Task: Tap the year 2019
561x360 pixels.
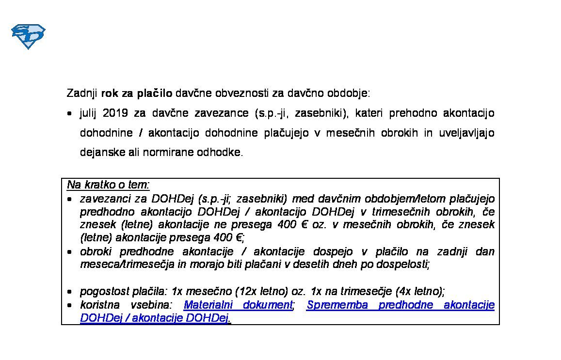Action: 115,113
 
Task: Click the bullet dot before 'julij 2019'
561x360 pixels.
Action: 70,113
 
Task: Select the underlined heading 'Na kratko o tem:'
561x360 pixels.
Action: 108,185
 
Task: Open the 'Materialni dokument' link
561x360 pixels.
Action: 238,305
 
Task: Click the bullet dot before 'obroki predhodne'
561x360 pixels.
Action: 70,252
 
